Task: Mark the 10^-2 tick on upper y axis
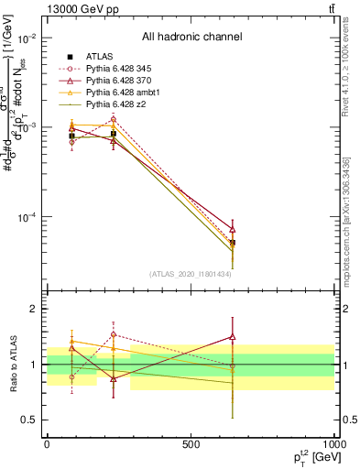[x=26, y=38]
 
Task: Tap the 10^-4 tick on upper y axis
[x=26, y=217]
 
